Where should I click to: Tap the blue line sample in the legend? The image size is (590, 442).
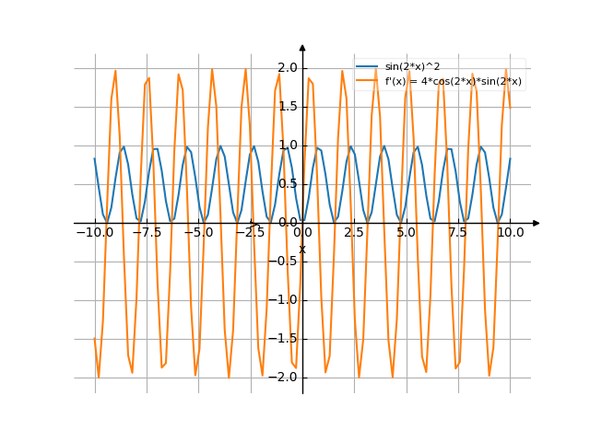(367, 67)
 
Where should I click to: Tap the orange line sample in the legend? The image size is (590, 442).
(367, 81)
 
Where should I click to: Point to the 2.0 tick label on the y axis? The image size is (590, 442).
(287, 68)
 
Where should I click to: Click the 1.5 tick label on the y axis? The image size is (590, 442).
(287, 107)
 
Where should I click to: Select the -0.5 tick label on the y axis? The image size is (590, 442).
(285, 262)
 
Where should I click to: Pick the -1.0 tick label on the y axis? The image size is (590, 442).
(285, 300)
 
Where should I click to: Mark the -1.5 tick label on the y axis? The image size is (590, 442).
(285, 339)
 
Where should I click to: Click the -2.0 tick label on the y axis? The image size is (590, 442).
(285, 378)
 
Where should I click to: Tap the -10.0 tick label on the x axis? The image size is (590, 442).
(94, 234)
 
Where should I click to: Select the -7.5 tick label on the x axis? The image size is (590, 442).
(147, 234)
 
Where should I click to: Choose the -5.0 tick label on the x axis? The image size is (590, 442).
(198, 234)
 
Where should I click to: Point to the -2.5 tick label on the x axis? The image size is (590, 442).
(250, 234)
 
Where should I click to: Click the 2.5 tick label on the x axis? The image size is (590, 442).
(354, 234)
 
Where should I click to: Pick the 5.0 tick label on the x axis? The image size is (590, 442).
(406, 234)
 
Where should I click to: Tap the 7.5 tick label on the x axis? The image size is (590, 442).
(458, 234)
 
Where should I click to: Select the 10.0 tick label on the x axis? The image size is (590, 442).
(510, 234)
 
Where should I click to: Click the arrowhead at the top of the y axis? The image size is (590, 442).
(302, 47)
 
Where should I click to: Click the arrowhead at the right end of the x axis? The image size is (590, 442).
(537, 223)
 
